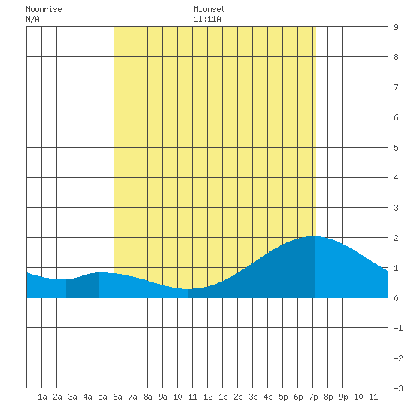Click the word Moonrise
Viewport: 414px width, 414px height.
pos(44,9)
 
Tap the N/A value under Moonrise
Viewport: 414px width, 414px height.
pos(32,19)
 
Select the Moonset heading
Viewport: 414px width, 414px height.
pos(209,9)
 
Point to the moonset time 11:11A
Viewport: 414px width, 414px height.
pos(207,19)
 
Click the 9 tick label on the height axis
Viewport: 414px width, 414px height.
pos(396,27)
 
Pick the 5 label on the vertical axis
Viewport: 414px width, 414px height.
pos(396,148)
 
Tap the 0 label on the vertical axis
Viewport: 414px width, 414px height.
pos(396,298)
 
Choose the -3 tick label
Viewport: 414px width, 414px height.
pos(398,388)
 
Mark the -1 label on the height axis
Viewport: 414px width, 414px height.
pos(398,328)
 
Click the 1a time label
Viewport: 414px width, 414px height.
pos(42,397)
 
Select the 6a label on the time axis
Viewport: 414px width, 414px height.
pos(117,397)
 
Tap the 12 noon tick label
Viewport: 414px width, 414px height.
pos(208,397)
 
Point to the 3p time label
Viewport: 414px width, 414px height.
pos(253,397)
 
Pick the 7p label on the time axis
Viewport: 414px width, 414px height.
pos(313,397)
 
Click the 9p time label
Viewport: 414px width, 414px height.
pos(343,397)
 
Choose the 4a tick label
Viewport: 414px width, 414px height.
pos(87,397)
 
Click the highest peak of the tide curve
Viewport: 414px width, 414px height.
pos(313,236)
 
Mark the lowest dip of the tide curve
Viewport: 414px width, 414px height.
pos(187,289)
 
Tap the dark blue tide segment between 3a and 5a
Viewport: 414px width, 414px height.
pos(83,287)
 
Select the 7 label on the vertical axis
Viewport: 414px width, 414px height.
pos(396,87)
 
